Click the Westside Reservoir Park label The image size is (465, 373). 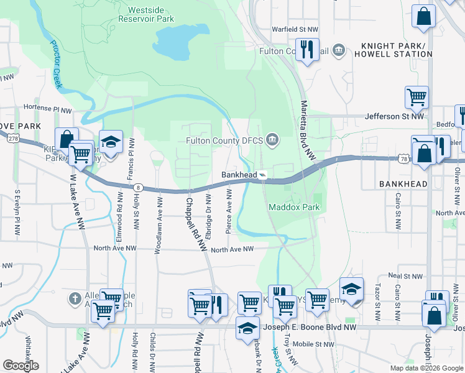click(x=150, y=14)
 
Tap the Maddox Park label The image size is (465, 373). click(x=294, y=206)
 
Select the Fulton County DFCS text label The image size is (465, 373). click(x=225, y=140)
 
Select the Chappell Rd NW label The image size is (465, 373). click(x=194, y=224)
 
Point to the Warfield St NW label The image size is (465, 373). click(x=295, y=29)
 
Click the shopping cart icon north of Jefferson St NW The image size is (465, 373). click(x=417, y=97)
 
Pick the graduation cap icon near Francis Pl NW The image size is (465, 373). click(x=111, y=142)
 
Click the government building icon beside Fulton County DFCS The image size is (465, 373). click(x=272, y=140)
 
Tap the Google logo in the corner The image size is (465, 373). click(x=21, y=366)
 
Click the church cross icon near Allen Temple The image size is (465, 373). click(x=76, y=298)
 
